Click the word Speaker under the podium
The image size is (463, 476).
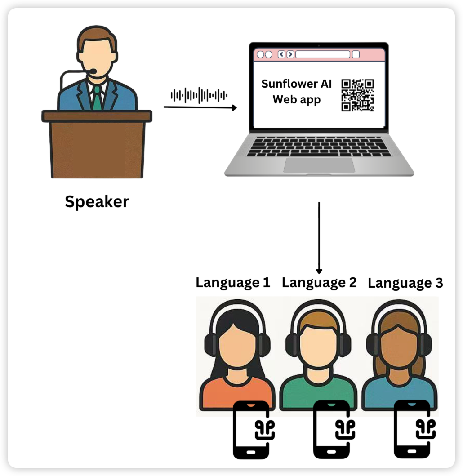click(97, 201)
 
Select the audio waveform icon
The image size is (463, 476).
click(199, 95)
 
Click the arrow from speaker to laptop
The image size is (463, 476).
click(200, 107)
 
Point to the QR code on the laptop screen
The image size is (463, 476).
click(358, 95)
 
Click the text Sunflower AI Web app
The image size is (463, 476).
click(297, 92)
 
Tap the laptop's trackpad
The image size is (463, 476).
click(319, 165)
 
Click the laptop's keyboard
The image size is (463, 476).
click(319, 147)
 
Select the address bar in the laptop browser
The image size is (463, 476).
click(322, 54)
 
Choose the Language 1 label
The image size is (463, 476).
click(233, 283)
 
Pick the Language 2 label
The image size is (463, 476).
click(319, 283)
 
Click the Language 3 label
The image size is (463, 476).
click(405, 283)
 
